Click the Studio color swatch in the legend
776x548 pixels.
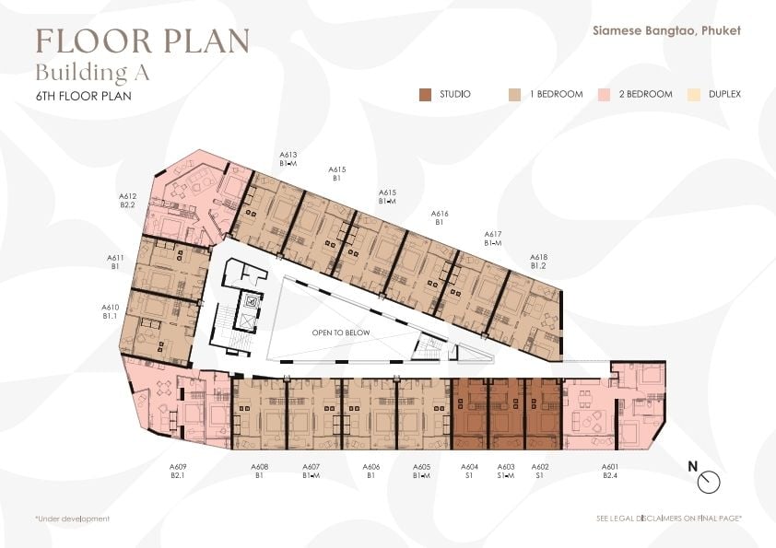[425, 95]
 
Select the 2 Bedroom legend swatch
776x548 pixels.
[604, 95]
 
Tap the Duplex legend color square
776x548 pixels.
[694, 95]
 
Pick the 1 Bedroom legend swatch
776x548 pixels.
[514, 95]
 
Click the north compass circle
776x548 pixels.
[709, 482]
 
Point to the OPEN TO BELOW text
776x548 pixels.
[341, 332]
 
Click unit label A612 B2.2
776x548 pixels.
[128, 200]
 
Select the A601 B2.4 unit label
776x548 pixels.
[610, 471]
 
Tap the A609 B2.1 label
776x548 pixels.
[178, 471]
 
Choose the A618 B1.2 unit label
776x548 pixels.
[538, 262]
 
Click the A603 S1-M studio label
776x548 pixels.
[506, 471]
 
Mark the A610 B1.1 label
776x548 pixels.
[110, 311]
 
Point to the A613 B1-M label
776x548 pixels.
[288, 158]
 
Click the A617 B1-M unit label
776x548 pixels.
[493, 239]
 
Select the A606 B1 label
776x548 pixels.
[371, 471]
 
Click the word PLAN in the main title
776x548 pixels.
[206, 41]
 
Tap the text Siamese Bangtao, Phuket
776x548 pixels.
[666, 30]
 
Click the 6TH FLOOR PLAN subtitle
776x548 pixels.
[84, 96]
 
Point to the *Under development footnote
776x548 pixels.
[73, 519]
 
